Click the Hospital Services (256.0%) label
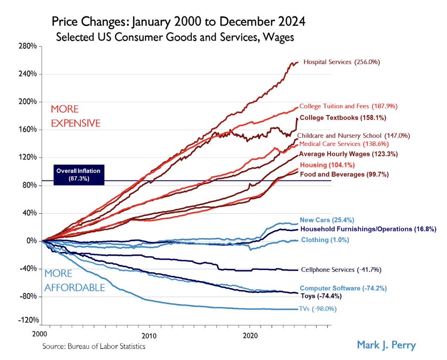[x=342, y=63]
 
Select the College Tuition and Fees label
[x=348, y=106]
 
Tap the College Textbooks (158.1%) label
[x=343, y=118]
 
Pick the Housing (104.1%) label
[x=327, y=165]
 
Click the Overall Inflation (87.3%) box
[x=78, y=175]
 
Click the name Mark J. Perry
[x=386, y=345]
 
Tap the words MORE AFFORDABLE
[x=74, y=281]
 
